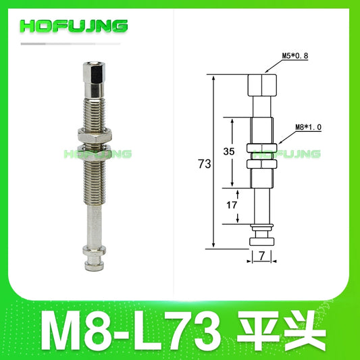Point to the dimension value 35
tap(228, 153)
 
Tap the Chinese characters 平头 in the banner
tap(282, 328)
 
